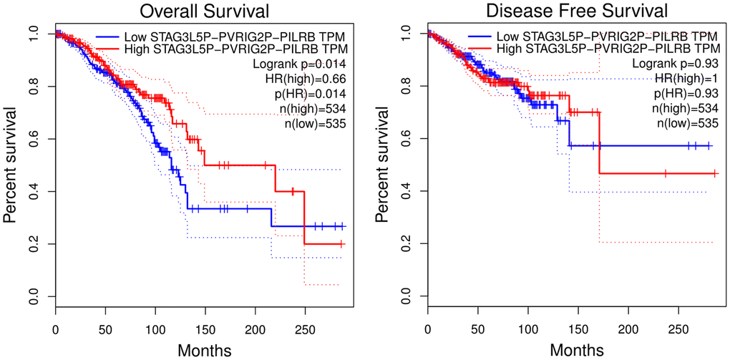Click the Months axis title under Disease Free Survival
(x=578, y=350)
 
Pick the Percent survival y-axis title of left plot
(x=12, y=165)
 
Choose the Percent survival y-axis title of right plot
(x=384, y=165)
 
